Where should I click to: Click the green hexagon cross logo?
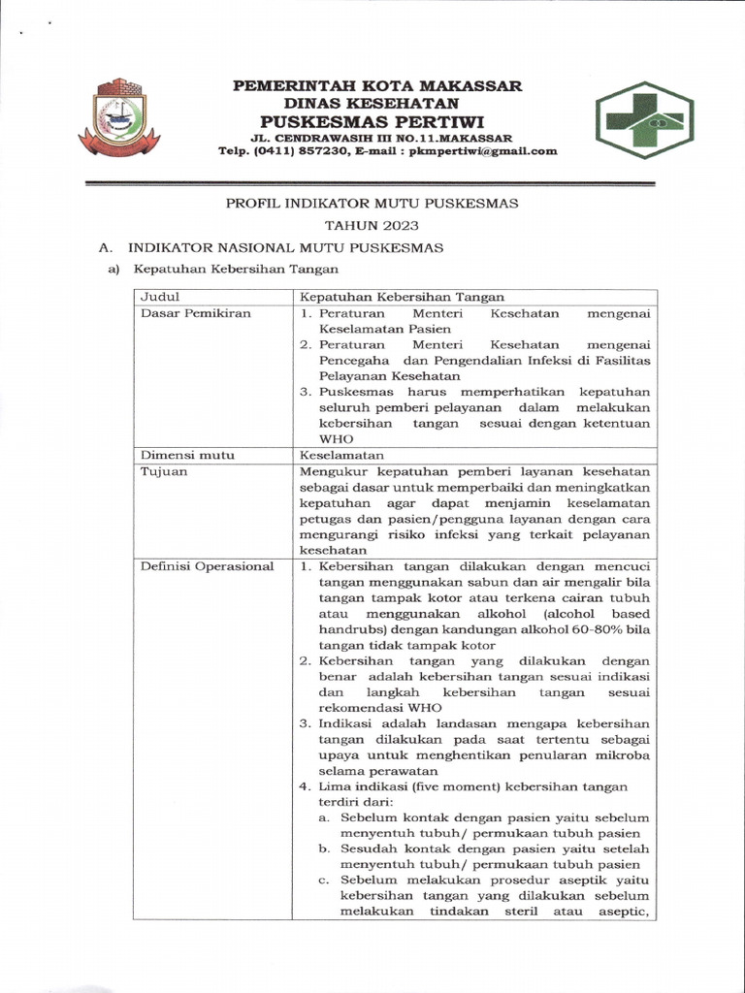point(645,119)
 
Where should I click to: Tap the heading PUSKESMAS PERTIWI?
point(378,121)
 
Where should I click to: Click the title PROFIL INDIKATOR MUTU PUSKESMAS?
point(372,204)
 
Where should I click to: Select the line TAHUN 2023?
point(372,226)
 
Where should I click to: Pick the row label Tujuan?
point(165,471)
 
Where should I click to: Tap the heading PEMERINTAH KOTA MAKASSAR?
point(378,85)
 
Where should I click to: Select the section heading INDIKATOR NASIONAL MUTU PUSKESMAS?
point(286,248)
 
